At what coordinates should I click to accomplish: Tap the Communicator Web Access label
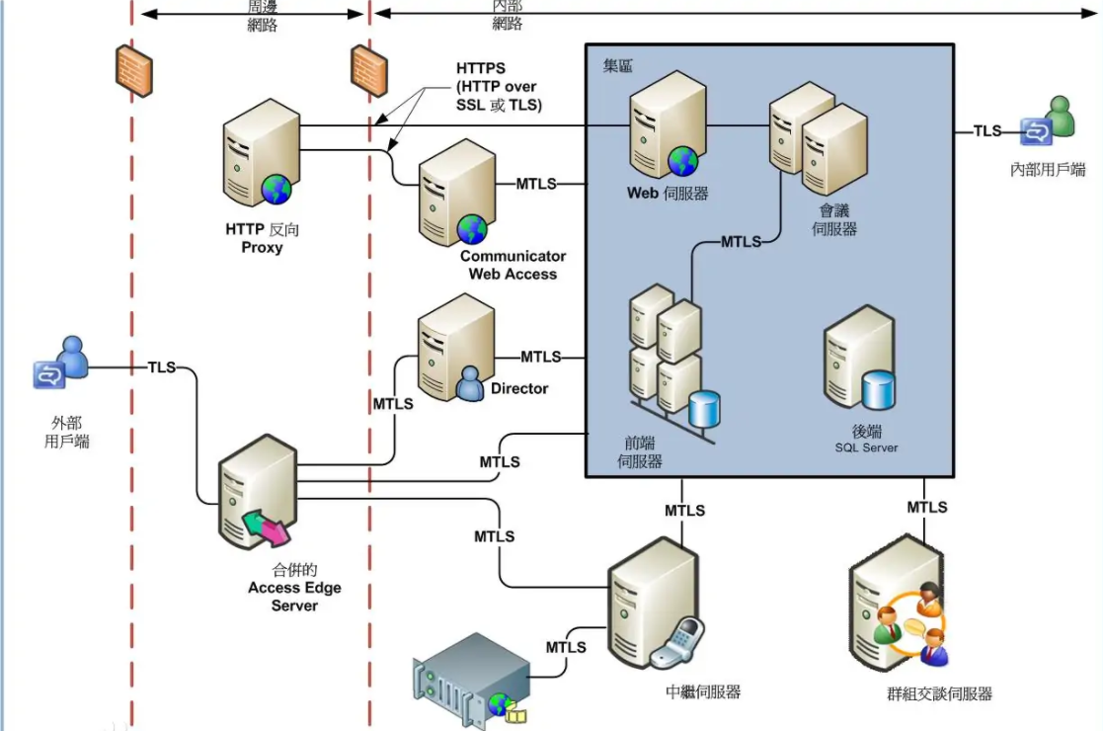pos(512,265)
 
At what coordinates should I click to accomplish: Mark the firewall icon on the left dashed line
pos(132,70)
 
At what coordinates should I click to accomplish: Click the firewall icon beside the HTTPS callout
pos(369,71)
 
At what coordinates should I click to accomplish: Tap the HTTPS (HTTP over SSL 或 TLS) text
pos(498,87)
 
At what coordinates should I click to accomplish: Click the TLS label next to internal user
pos(987,130)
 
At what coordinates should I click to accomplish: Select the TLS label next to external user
pos(162,367)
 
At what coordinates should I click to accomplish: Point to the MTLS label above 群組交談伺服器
pos(927,507)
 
